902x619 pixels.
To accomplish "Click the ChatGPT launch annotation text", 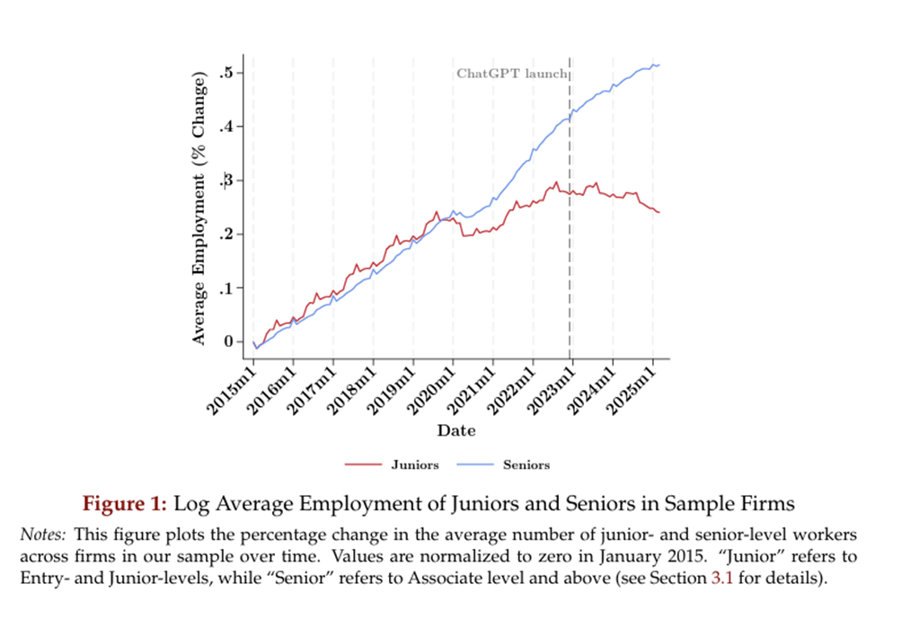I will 511,74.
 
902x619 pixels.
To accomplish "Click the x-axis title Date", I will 456,430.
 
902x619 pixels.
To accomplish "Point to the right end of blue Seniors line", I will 659,65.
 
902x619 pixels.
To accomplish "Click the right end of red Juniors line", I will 659,212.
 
